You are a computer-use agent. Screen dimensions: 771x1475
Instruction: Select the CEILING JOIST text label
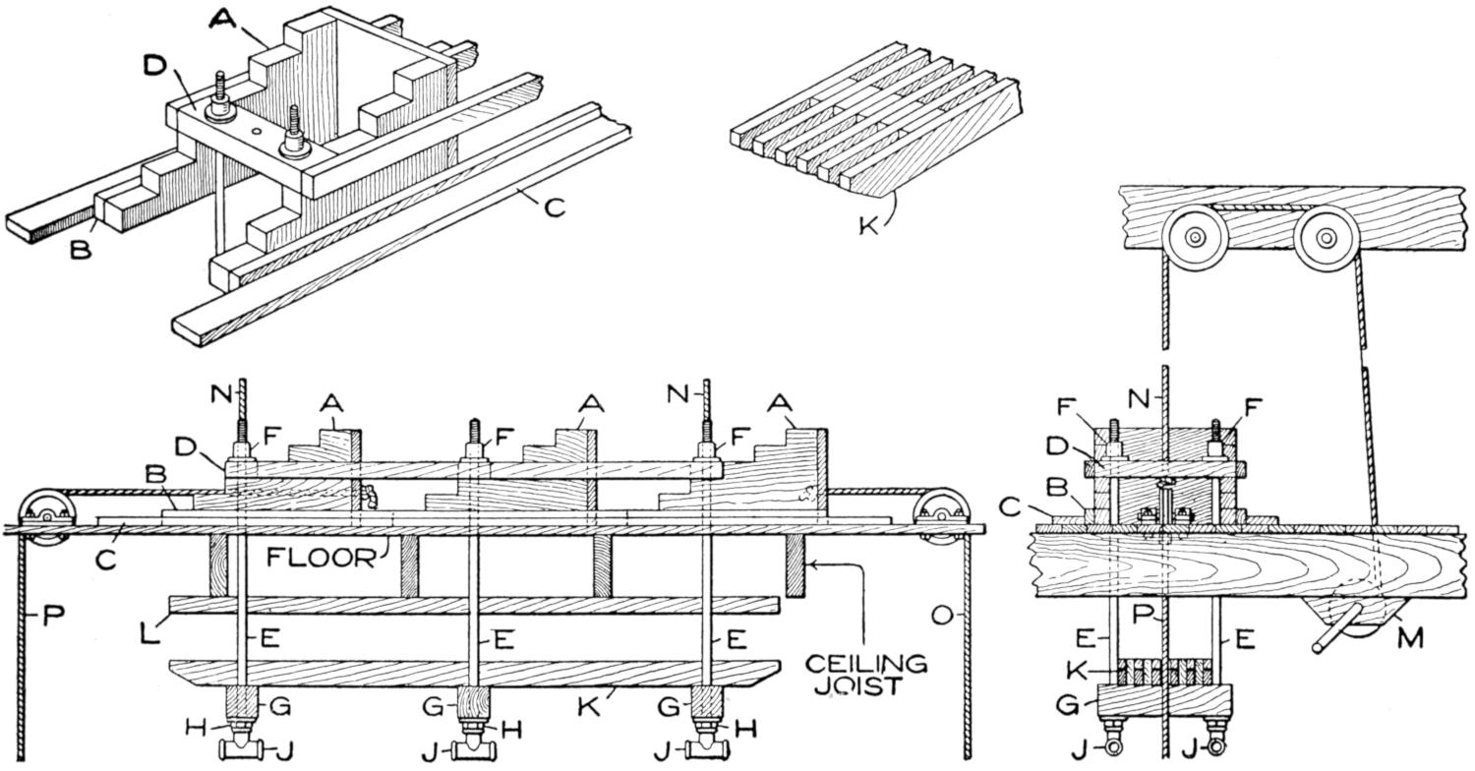(x=865, y=675)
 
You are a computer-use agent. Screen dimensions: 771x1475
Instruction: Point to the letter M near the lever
(x=1411, y=639)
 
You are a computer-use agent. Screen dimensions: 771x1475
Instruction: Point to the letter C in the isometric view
(x=555, y=208)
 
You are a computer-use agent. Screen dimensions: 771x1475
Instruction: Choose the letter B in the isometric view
(x=81, y=250)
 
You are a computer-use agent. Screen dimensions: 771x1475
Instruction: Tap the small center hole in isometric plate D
(x=255, y=130)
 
